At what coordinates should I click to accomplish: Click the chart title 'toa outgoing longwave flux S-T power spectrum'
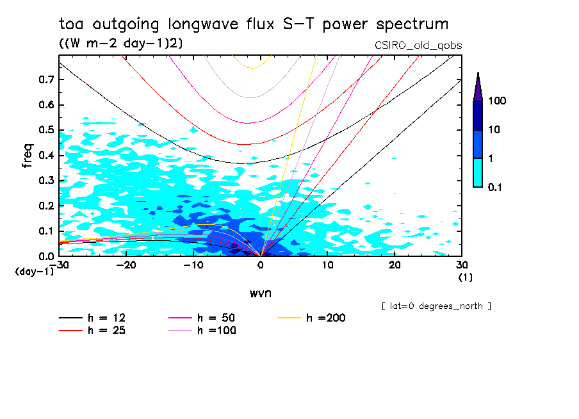click(254, 24)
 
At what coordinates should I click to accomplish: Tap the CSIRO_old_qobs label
click(418, 45)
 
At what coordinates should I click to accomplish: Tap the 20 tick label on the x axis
click(395, 265)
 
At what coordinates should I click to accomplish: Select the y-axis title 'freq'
click(27, 155)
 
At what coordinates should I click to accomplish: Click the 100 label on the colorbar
click(498, 101)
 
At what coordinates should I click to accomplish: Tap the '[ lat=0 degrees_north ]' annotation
click(436, 306)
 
